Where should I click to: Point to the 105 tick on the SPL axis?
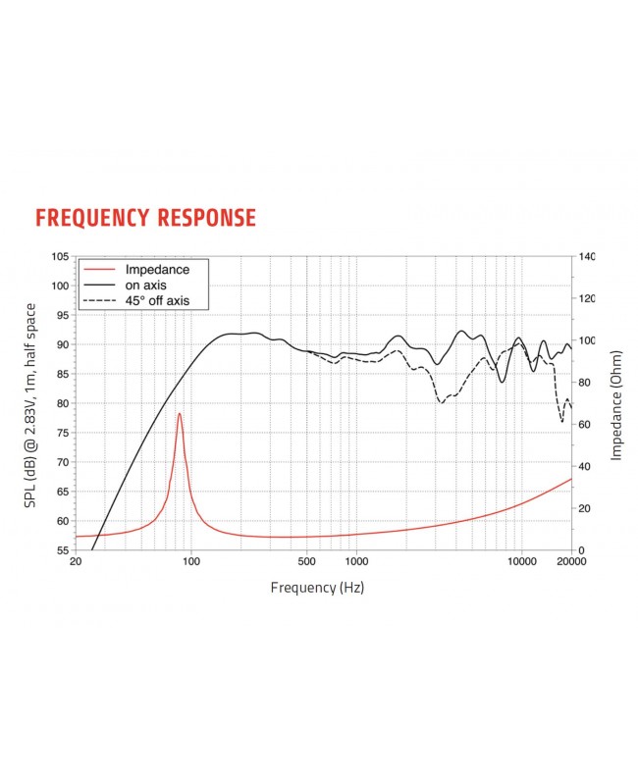(x=59, y=257)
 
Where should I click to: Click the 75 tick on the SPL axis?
(x=62, y=433)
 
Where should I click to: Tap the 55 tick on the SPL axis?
(x=62, y=550)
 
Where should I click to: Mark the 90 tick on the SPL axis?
(x=62, y=345)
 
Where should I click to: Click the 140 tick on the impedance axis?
(x=588, y=257)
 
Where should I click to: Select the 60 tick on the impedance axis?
(x=585, y=425)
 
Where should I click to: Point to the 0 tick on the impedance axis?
(x=581, y=550)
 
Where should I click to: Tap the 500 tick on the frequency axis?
(x=307, y=562)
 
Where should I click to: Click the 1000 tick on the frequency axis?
(x=355, y=562)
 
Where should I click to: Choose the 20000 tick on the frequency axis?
(x=571, y=562)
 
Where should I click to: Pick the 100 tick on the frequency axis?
(x=191, y=562)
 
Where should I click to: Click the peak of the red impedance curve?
(x=180, y=414)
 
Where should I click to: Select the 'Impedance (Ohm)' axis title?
(x=616, y=404)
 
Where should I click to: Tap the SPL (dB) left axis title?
(x=32, y=404)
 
